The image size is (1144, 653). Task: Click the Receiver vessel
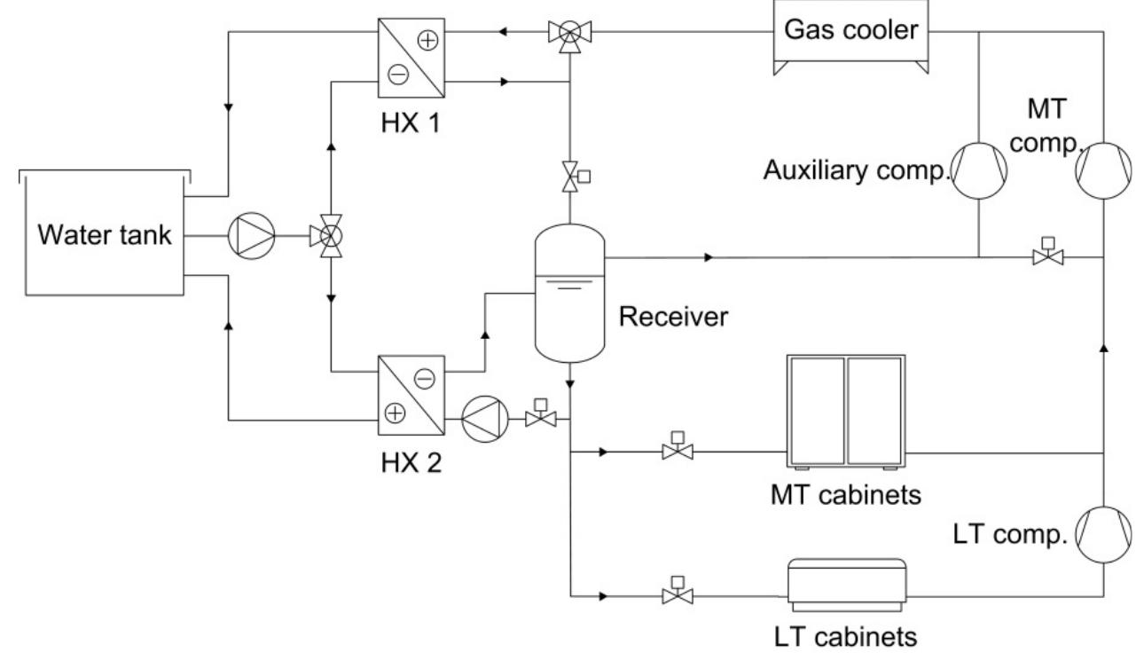click(568, 293)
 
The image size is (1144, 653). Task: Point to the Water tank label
click(106, 237)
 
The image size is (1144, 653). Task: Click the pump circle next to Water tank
click(252, 237)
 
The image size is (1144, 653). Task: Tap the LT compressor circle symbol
click(1101, 534)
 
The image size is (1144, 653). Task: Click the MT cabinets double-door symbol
click(848, 411)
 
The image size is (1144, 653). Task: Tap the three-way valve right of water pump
click(330, 237)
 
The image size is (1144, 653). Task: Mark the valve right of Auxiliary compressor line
click(1048, 258)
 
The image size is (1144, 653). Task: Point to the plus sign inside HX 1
click(427, 41)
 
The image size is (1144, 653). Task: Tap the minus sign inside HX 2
click(426, 379)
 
